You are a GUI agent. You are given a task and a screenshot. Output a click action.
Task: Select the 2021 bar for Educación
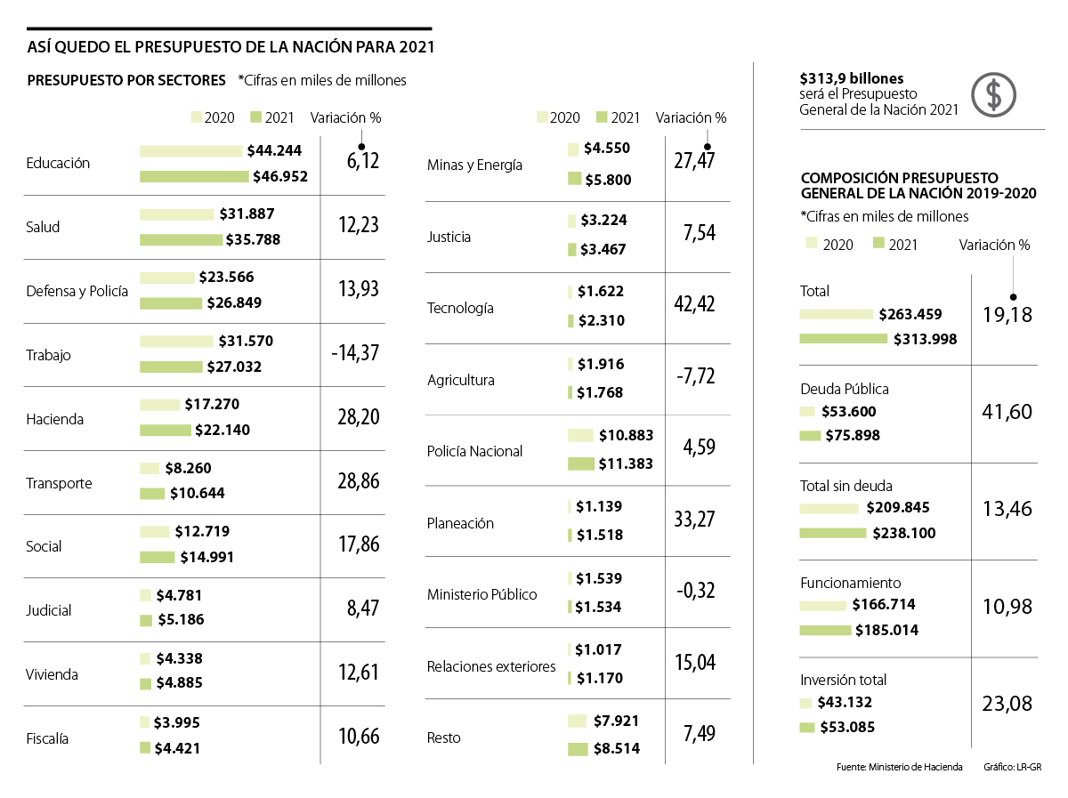point(194,176)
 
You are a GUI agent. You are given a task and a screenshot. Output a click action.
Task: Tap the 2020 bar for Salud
point(177,214)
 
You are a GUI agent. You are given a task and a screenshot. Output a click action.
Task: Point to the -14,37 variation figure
point(354,353)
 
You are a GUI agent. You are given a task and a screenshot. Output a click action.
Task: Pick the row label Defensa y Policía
point(77,291)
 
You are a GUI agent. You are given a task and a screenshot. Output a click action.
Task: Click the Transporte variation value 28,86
point(358,481)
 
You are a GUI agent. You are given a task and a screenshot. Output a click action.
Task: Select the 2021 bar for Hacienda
point(166,431)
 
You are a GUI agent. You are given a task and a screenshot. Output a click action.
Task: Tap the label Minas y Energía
point(474,165)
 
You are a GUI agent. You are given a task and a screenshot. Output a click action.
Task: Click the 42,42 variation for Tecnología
point(694,304)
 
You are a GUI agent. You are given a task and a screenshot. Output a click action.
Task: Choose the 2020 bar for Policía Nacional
point(580,435)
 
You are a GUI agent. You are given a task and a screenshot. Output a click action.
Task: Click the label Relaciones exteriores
point(491,666)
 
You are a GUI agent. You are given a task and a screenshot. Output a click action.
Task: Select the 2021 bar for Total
point(844,338)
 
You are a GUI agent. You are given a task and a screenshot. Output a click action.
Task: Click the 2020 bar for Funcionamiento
point(823,605)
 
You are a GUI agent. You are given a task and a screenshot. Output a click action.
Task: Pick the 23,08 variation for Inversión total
point(1008,704)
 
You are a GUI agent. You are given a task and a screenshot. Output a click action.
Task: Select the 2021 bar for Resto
point(578,749)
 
